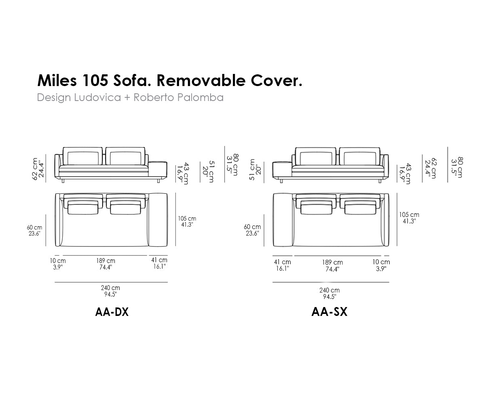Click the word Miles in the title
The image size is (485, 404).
coord(57,80)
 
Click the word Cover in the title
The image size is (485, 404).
coord(274,80)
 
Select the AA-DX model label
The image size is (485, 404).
coord(112,312)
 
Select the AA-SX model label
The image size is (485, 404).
coord(329,311)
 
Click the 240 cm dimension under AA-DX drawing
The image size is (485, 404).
coord(110,288)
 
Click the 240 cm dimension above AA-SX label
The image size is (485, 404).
coord(329,290)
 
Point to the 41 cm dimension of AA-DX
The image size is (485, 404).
coord(159,260)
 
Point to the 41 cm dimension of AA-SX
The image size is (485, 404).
coord(282,262)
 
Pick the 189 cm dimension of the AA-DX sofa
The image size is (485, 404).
coord(105,261)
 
